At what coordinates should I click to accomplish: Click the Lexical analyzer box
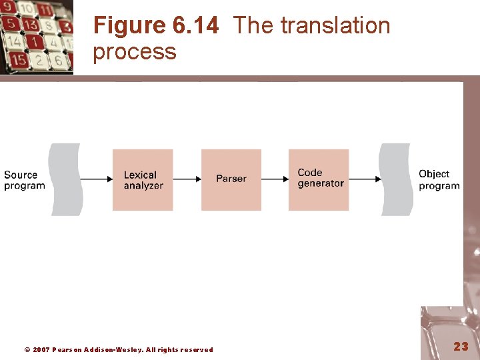click(x=143, y=179)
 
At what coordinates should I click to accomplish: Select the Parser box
click(x=231, y=179)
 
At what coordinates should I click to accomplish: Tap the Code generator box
click(x=319, y=179)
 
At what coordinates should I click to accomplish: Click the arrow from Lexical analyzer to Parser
click(x=187, y=179)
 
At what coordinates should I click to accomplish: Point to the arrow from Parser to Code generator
click(x=275, y=179)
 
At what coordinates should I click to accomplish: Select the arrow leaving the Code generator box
click(x=365, y=179)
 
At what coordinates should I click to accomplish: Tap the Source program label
click(x=25, y=180)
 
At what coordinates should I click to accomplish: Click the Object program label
click(x=439, y=180)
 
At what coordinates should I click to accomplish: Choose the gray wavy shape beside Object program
click(x=395, y=179)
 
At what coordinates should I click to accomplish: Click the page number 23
click(x=461, y=346)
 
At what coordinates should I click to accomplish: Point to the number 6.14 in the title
click(x=195, y=26)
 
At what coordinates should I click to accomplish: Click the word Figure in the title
click(x=129, y=26)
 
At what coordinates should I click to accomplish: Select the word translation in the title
click(x=335, y=26)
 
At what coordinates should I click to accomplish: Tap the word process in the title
click(x=135, y=51)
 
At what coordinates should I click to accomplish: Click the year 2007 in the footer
click(x=41, y=350)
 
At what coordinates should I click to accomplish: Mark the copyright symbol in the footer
click(x=27, y=350)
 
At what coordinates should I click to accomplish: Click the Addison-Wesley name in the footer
click(x=113, y=350)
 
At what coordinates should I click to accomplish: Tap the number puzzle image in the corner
click(x=36, y=36)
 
